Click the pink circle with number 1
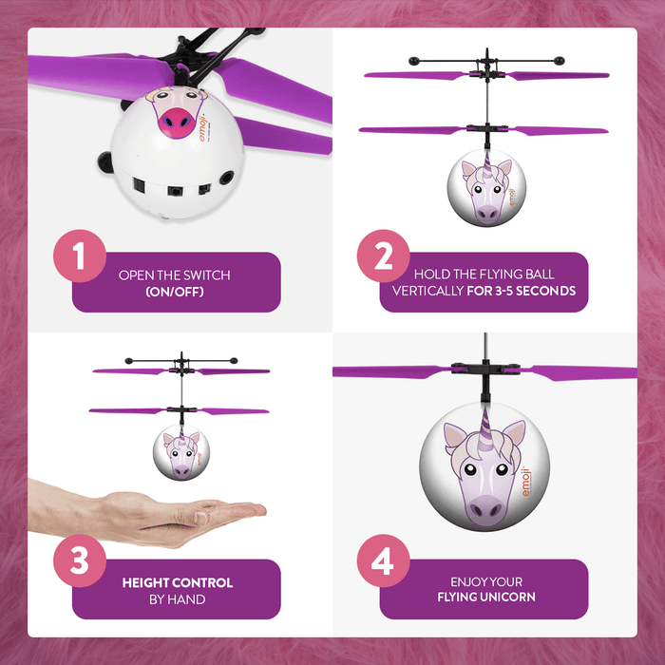point(80,255)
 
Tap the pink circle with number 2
point(384,255)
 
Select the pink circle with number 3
point(80,560)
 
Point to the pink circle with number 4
point(384,560)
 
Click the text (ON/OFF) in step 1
point(175,292)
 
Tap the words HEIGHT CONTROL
point(177,582)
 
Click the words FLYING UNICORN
point(485,598)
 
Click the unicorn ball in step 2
point(484,186)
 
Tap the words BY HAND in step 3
point(177,598)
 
